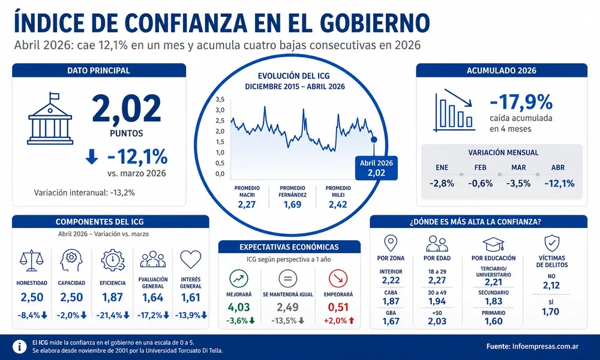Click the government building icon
click(x=50, y=118)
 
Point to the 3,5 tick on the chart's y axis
click(x=220, y=100)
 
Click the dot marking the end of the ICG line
click(x=374, y=140)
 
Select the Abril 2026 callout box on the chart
click(x=376, y=168)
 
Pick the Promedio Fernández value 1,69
click(x=292, y=205)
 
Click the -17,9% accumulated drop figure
click(x=521, y=102)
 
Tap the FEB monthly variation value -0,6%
click(x=480, y=184)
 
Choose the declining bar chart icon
click(x=454, y=110)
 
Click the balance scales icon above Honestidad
click(x=31, y=260)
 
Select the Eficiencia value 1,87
click(x=112, y=297)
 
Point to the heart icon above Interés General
click(x=191, y=259)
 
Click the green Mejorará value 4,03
click(x=239, y=307)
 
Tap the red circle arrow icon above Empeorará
click(x=338, y=278)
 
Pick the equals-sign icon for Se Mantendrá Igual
click(x=288, y=278)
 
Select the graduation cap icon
click(x=493, y=244)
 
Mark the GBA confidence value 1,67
click(x=391, y=322)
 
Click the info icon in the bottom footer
click(x=20, y=347)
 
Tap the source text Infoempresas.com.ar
click(x=545, y=347)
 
